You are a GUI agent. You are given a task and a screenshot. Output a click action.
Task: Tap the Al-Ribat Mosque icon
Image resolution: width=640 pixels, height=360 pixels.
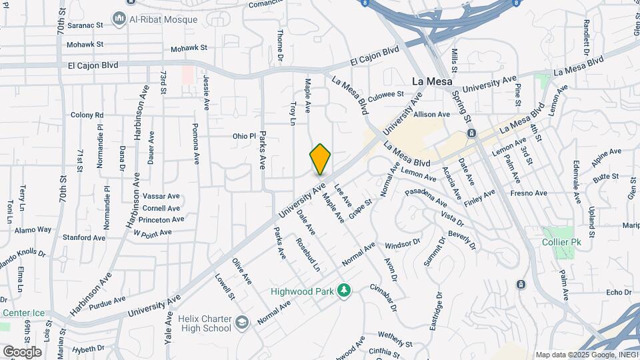click(119, 18)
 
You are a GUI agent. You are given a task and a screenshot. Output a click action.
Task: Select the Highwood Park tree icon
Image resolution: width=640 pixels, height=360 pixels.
click(344, 291)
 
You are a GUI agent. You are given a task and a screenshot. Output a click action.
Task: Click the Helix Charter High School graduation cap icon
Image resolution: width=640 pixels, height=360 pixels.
click(241, 323)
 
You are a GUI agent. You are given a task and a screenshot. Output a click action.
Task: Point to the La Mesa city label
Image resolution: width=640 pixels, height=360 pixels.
click(428, 81)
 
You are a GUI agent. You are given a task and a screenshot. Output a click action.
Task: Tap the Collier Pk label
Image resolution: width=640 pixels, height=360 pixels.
click(561, 242)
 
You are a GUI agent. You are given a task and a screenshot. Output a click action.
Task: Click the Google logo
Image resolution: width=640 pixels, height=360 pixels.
click(22, 351)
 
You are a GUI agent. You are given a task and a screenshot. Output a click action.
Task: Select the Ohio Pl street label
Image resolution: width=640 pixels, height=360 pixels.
click(244, 136)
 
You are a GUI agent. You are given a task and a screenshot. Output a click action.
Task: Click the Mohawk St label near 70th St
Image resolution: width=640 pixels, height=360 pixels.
click(86, 45)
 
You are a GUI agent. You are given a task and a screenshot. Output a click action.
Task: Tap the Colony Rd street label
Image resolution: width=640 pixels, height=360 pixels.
click(87, 115)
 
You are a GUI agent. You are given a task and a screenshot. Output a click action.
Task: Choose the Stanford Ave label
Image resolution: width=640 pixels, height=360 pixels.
click(84, 237)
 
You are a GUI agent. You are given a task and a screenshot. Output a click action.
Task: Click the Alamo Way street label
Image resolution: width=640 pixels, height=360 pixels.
click(34, 229)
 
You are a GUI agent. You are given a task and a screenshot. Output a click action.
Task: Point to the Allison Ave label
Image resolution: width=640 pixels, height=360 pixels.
click(431, 114)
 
